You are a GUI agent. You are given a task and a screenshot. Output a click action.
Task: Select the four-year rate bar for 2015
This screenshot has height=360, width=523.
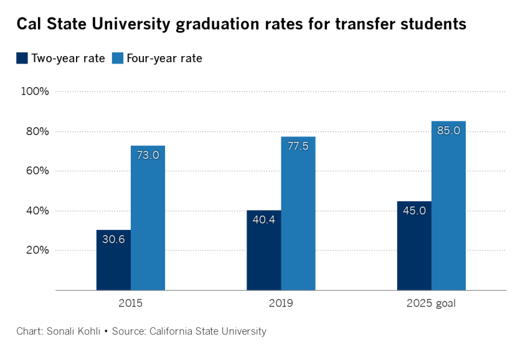(x=148, y=218)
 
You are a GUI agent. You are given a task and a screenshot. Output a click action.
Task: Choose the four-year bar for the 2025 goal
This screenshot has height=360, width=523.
(x=448, y=206)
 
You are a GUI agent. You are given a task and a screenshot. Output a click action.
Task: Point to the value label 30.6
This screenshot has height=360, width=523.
(x=113, y=239)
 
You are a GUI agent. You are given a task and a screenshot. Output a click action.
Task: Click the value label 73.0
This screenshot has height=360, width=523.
(x=148, y=155)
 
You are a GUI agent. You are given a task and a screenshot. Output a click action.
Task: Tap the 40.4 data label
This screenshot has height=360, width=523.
(x=264, y=220)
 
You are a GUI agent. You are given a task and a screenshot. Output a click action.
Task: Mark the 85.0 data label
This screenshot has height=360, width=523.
(x=448, y=131)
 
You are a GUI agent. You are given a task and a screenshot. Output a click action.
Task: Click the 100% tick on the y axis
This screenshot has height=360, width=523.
(x=35, y=92)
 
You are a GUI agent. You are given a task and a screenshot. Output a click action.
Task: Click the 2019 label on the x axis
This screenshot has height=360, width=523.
(x=281, y=304)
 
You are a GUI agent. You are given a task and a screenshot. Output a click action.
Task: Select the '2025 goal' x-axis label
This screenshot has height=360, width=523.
(x=431, y=304)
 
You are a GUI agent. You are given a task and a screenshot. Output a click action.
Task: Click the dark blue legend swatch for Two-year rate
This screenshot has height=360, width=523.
(x=22, y=59)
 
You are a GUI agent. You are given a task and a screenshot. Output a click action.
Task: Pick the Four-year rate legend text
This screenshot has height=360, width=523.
(x=164, y=59)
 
